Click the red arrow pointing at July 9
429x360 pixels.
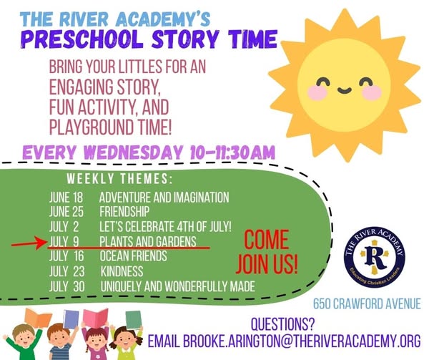click(29, 243)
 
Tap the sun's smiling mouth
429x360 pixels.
click(344, 90)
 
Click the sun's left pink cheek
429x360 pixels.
click(317, 92)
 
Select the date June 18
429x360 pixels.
click(66, 197)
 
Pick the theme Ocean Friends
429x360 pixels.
click(133, 256)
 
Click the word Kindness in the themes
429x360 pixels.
click(122, 271)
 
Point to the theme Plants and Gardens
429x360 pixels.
click(148, 241)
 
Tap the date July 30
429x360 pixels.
click(67, 286)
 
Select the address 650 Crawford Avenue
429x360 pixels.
click(367, 304)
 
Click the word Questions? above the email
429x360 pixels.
click(282, 324)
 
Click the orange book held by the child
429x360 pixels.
click(38, 318)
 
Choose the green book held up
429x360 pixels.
click(134, 320)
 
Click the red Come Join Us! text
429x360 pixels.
click(267, 252)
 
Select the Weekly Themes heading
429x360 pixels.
click(119, 179)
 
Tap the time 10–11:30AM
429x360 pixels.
click(232, 152)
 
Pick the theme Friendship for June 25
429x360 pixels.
click(124, 212)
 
